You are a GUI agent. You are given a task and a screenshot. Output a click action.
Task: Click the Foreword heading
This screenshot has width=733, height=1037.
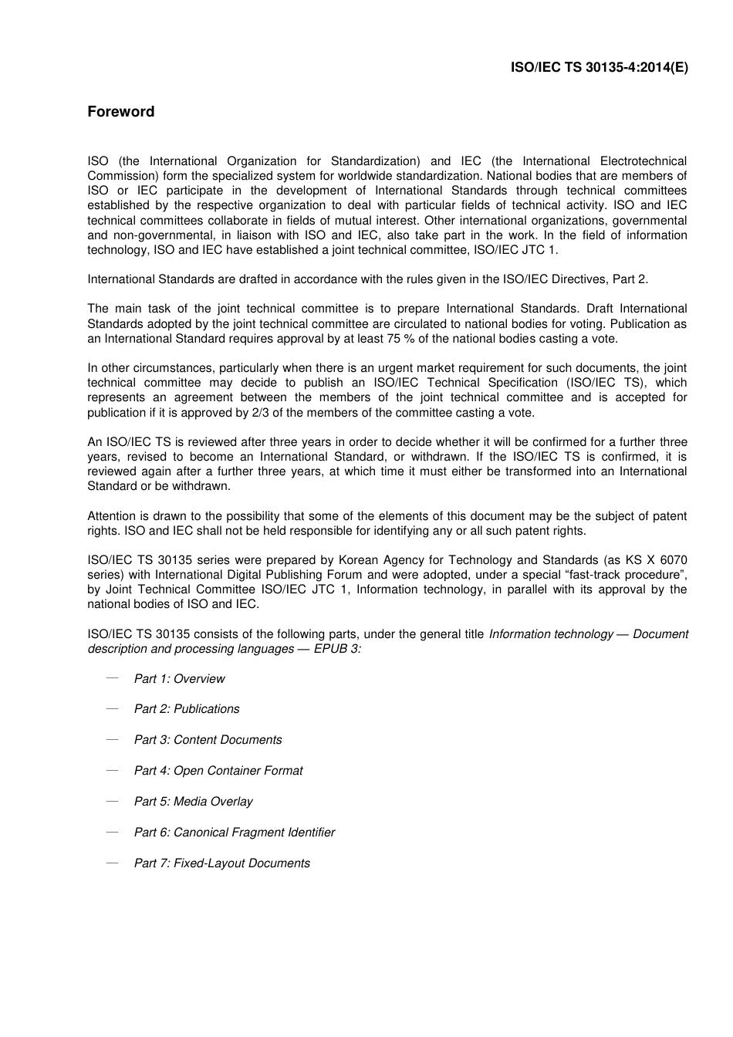pos(120,112)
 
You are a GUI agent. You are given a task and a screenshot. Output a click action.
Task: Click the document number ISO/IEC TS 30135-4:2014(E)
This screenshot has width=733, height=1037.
pos(599,67)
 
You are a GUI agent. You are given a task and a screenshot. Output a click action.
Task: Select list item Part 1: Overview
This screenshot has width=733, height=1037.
pos(179,679)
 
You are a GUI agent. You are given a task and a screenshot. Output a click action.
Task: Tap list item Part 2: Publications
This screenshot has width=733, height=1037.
pos(187,709)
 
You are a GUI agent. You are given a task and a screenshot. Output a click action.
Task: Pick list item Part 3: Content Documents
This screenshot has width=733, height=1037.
pos(208,740)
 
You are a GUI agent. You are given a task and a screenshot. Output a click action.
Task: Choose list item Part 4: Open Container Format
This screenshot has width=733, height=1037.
pos(218,771)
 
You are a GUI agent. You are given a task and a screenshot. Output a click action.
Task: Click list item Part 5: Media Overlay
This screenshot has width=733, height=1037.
pos(193,802)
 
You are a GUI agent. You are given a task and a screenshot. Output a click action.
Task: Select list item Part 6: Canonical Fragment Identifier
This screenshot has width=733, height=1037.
pos(235,833)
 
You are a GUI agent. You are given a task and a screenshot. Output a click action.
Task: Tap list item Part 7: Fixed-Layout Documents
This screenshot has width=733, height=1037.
pos(222,863)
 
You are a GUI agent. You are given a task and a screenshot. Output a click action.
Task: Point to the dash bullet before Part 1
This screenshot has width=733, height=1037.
pos(112,678)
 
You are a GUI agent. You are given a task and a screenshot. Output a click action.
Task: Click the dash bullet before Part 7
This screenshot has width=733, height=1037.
pos(112,863)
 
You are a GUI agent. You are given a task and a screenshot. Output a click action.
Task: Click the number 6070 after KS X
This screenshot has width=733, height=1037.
pos(673,560)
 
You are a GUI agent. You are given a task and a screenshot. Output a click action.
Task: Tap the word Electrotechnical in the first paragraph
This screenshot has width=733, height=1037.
pos(643,161)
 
